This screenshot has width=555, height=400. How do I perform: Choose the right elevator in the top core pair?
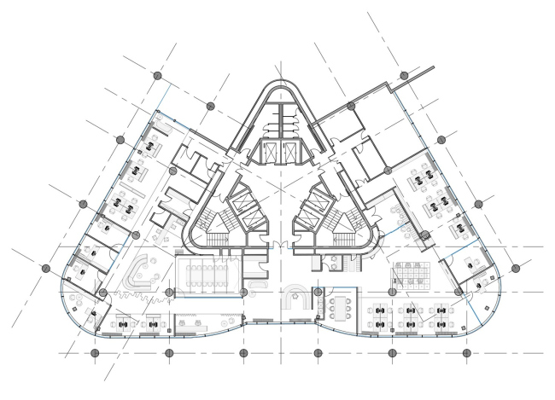tap(291, 154)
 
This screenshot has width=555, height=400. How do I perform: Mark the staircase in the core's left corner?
tap(210, 227)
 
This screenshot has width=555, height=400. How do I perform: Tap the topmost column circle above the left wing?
tap(157, 77)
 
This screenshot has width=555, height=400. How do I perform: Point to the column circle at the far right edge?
tap(515, 268)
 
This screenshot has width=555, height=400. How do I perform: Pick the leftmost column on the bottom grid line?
tap(94, 351)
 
